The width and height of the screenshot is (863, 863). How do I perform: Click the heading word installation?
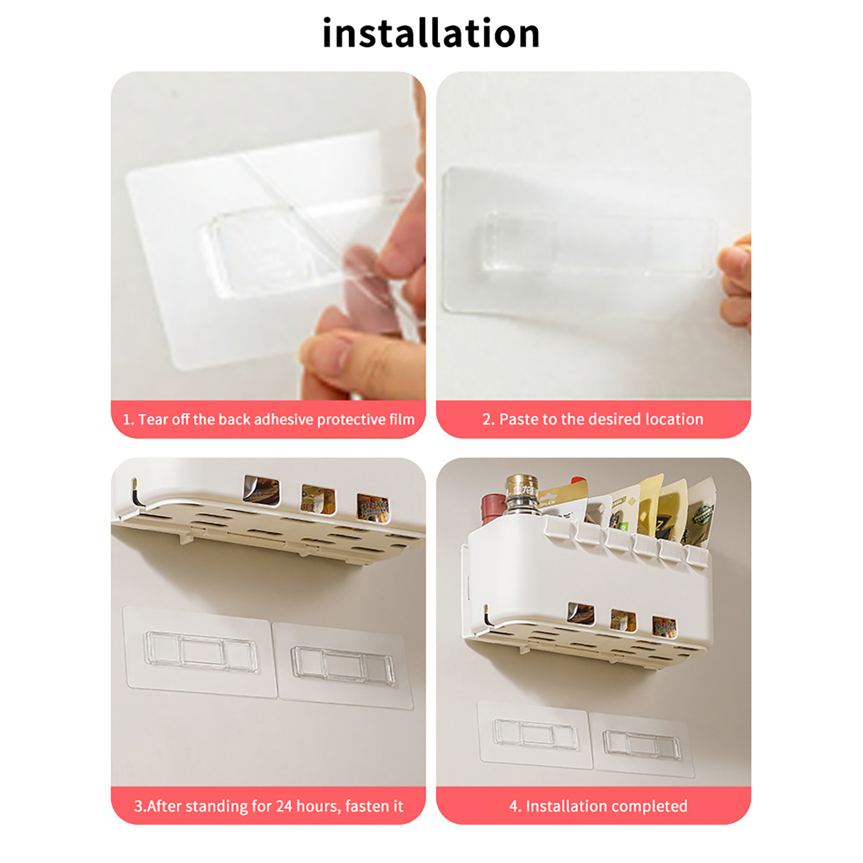(x=431, y=33)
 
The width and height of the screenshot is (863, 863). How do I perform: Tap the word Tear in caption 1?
(x=153, y=419)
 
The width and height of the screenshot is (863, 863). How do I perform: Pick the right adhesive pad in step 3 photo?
(x=343, y=664)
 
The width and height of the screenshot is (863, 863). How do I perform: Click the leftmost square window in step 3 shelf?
(x=262, y=490)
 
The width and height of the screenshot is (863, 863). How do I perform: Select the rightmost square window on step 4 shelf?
(x=664, y=626)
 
